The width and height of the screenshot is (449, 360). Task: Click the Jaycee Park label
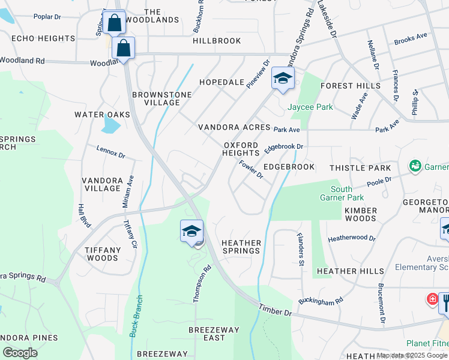[310, 107]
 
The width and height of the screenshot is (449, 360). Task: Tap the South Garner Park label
[341, 193]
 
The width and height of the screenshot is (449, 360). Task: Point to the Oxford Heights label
[241, 149]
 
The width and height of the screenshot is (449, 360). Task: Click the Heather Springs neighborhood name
[241, 247]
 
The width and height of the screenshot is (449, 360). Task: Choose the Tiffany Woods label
[101, 254]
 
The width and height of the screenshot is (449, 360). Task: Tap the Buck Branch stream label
[137, 316]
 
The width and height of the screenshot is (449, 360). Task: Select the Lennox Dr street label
[110, 152]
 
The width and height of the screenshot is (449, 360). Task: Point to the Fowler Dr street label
[251, 170]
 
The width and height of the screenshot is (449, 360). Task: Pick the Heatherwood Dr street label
[352, 238]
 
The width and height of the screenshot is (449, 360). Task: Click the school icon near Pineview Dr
[283, 77]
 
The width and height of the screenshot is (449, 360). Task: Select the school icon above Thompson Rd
[191, 231]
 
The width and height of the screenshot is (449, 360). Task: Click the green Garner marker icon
[414, 165]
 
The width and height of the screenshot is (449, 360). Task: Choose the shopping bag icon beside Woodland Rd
[123, 48]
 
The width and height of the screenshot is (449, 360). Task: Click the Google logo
[20, 353]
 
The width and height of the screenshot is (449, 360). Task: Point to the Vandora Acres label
[234, 128]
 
